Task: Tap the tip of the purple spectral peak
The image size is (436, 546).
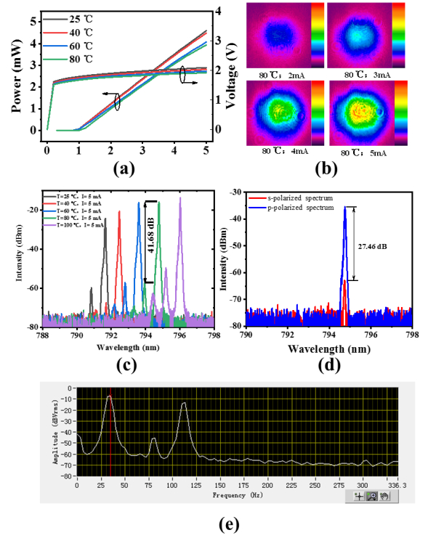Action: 180,198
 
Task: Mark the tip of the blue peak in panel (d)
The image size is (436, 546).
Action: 345,207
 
